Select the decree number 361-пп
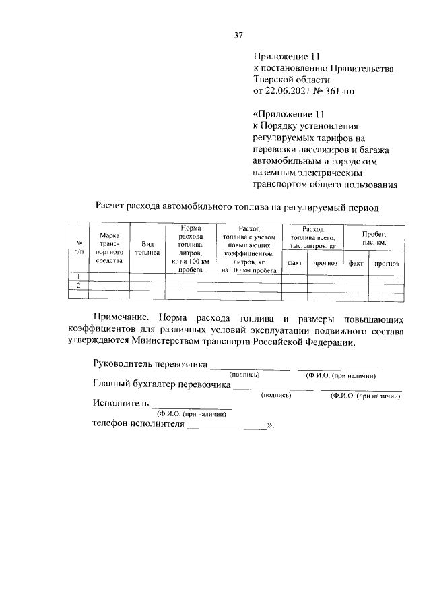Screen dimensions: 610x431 [x=351, y=89]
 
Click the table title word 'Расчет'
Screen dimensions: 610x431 [x=111, y=203]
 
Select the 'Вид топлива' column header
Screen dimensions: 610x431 [x=147, y=249]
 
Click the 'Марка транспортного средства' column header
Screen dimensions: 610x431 [x=109, y=247]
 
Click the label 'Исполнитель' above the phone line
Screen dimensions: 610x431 [x=119, y=404]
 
